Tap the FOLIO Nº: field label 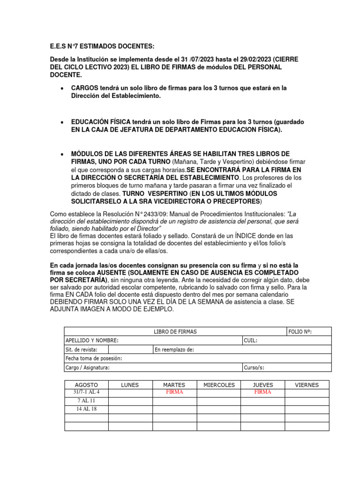click(300, 332)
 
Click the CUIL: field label click(250, 340)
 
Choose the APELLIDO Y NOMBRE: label click(92, 340)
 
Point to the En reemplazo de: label click(174, 350)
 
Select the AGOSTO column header click(86, 385)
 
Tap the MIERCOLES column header click(219, 385)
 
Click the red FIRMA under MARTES click(174, 392)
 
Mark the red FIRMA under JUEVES click(262, 392)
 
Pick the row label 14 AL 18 click(86, 409)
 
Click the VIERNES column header click(307, 385)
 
